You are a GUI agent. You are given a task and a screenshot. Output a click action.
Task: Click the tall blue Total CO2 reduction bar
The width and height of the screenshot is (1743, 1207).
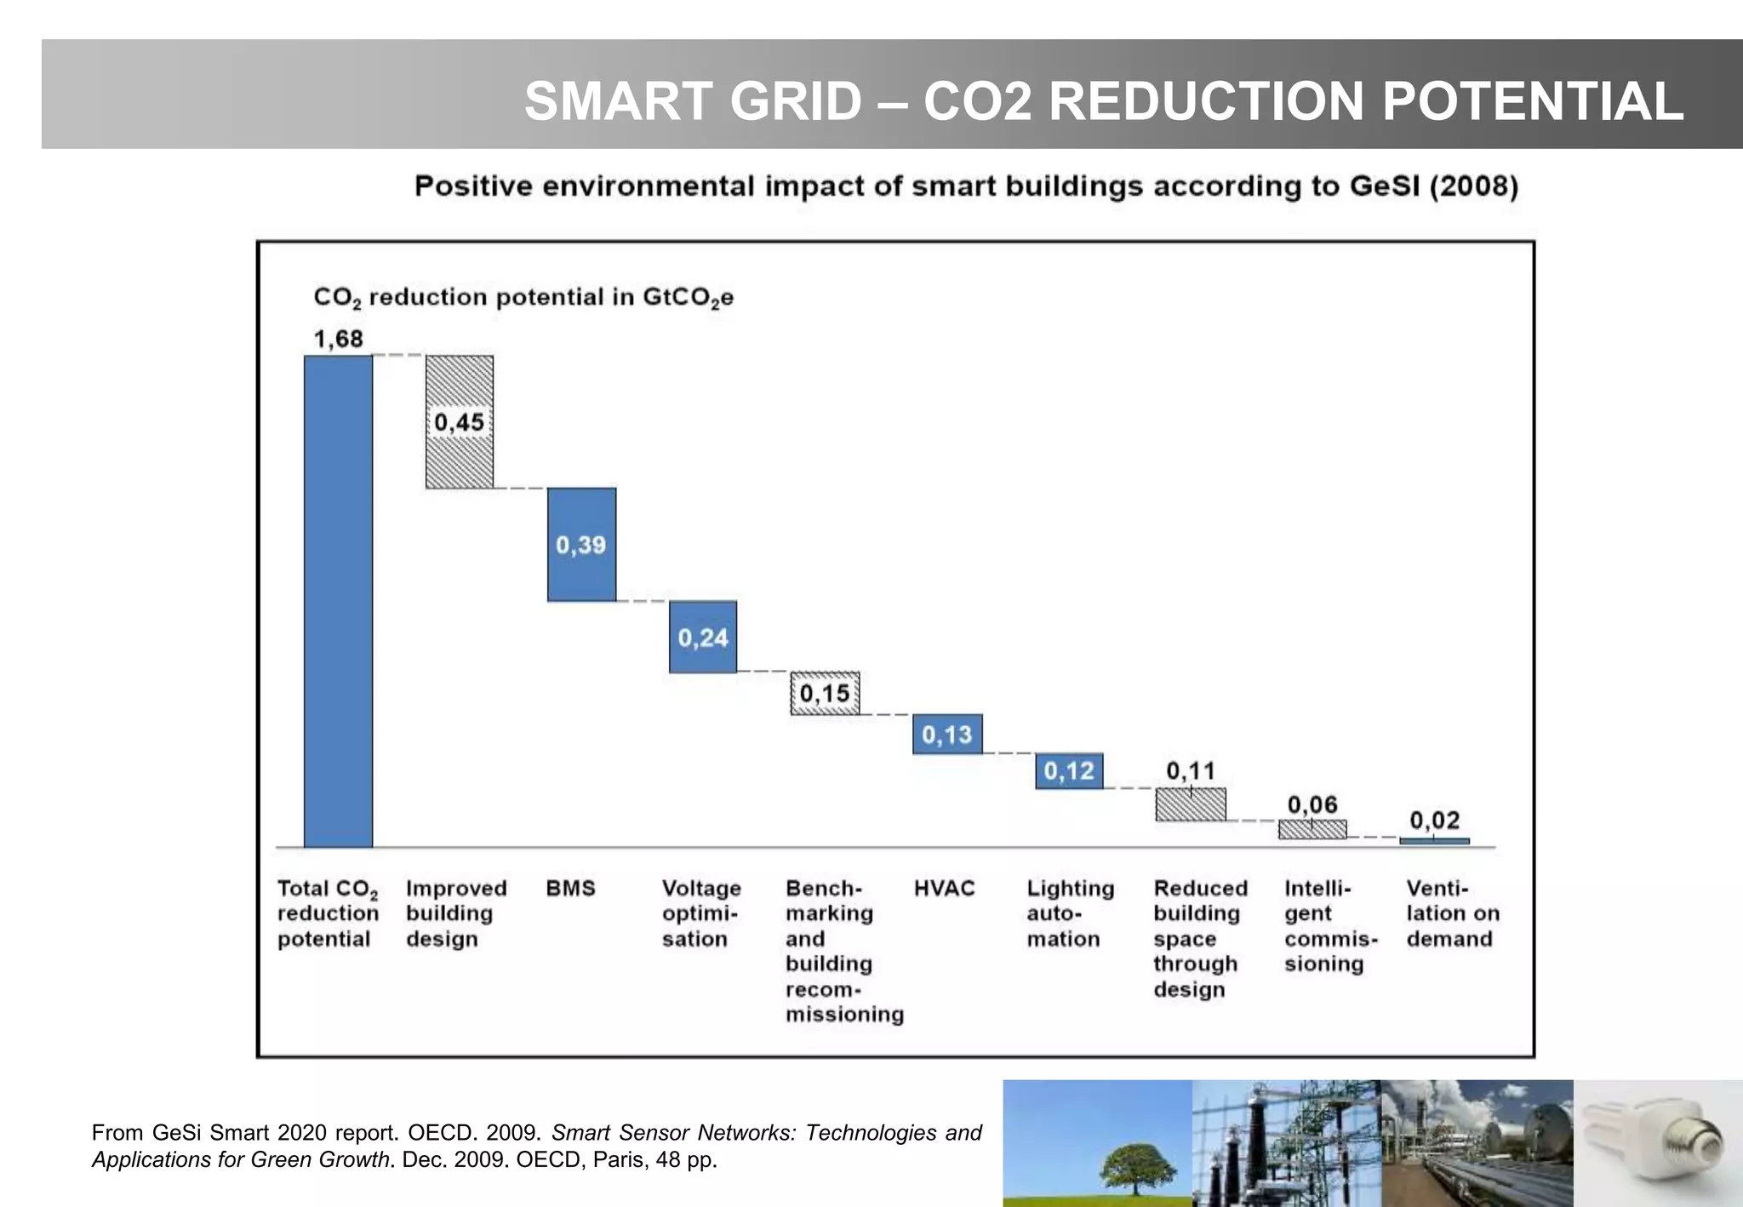tap(338, 600)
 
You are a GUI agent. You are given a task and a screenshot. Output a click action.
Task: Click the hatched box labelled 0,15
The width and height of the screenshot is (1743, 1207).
tap(825, 694)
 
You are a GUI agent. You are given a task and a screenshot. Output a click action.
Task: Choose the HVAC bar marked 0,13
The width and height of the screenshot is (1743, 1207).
tap(947, 735)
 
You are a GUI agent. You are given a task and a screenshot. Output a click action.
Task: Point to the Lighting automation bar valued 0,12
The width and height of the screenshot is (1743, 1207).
tap(1069, 771)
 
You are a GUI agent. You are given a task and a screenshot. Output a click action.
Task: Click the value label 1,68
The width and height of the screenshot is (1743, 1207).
tap(338, 339)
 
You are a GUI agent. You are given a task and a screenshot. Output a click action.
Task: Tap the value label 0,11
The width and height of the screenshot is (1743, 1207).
tap(1190, 771)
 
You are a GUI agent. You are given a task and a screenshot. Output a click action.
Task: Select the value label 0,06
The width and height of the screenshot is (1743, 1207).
tap(1312, 804)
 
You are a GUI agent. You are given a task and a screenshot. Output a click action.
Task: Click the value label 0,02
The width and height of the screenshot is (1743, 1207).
tap(1434, 821)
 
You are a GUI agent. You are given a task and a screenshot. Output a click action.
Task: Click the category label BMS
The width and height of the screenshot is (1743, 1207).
tap(570, 889)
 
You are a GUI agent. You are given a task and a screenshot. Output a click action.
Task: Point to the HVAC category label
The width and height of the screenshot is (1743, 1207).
tap(944, 889)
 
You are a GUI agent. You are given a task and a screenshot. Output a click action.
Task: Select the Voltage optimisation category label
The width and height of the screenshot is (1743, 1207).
tap(700, 913)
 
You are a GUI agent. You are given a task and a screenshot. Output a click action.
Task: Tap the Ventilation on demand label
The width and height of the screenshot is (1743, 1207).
tap(1452, 913)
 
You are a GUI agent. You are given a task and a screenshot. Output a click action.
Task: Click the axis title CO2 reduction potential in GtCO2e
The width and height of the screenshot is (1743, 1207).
tap(523, 298)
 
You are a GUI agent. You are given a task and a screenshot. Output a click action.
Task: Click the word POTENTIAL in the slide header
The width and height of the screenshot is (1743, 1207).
tap(1532, 101)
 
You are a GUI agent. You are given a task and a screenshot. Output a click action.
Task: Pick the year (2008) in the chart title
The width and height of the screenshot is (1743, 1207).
tap(1473, 186)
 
